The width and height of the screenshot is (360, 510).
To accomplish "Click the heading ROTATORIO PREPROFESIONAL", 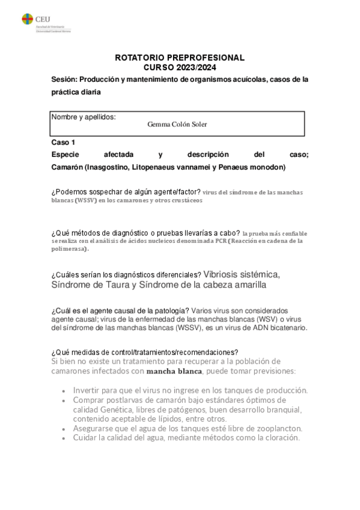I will click(179, 58).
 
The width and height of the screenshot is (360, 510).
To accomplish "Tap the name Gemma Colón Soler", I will click(177, 124).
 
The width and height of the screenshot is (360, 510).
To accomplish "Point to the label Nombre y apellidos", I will click(84, 116).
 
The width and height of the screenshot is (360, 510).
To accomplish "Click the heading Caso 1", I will click(63, 143).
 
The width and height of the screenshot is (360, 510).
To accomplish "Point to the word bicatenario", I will click(285, 328).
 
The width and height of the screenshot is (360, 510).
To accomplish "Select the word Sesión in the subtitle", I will click(64, 80).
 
